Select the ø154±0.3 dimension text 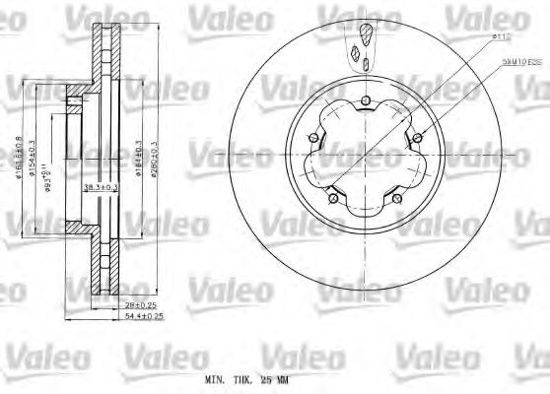[34, 157]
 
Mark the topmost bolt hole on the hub [360, 101]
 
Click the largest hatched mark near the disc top [364, 37]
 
